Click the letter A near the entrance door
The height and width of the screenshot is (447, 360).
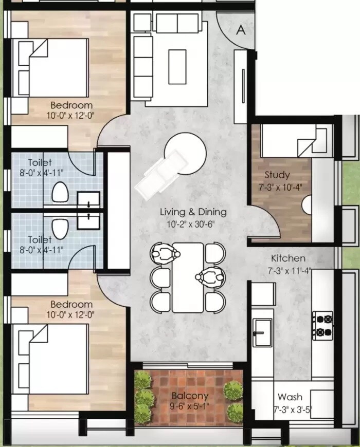[240, 30]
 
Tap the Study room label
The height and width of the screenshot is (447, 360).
[277, 175]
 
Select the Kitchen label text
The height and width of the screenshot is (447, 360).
[289, 258]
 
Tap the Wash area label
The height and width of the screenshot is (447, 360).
[290, 397]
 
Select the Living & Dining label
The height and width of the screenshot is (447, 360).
[193, 212]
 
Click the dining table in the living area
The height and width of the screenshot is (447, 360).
[188, 277]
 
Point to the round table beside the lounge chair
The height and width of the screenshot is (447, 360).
[185, 153]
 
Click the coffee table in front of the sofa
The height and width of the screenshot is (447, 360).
[177, 66]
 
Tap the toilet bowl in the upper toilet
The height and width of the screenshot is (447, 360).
[60, 192]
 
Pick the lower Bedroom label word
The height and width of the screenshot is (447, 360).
[71, 304]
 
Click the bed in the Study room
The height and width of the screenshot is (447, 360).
[293, 140]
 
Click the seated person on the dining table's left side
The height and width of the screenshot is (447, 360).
[165, 253]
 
